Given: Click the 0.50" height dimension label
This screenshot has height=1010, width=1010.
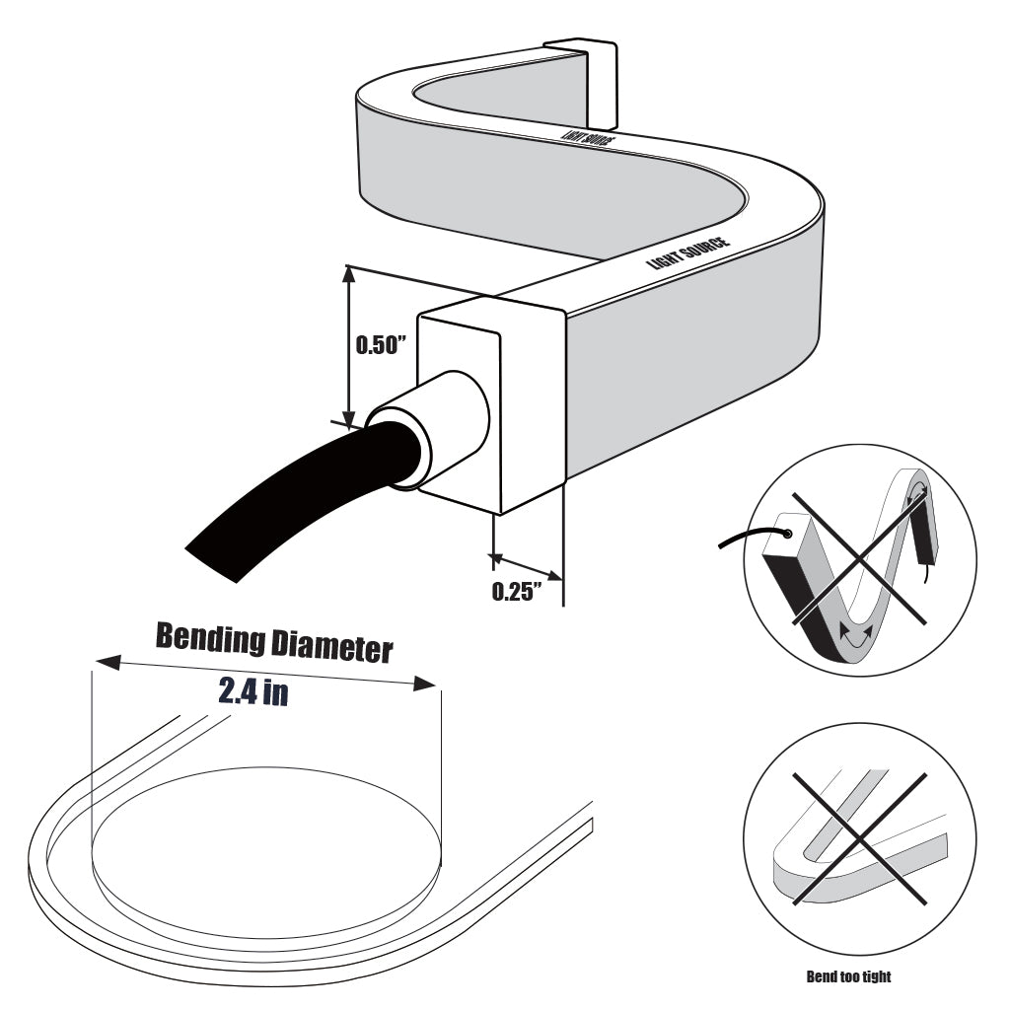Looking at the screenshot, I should point(380,346).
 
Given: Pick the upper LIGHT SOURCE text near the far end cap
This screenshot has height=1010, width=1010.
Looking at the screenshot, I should point(588,137).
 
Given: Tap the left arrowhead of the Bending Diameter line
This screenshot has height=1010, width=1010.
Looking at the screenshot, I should point(105,662).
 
